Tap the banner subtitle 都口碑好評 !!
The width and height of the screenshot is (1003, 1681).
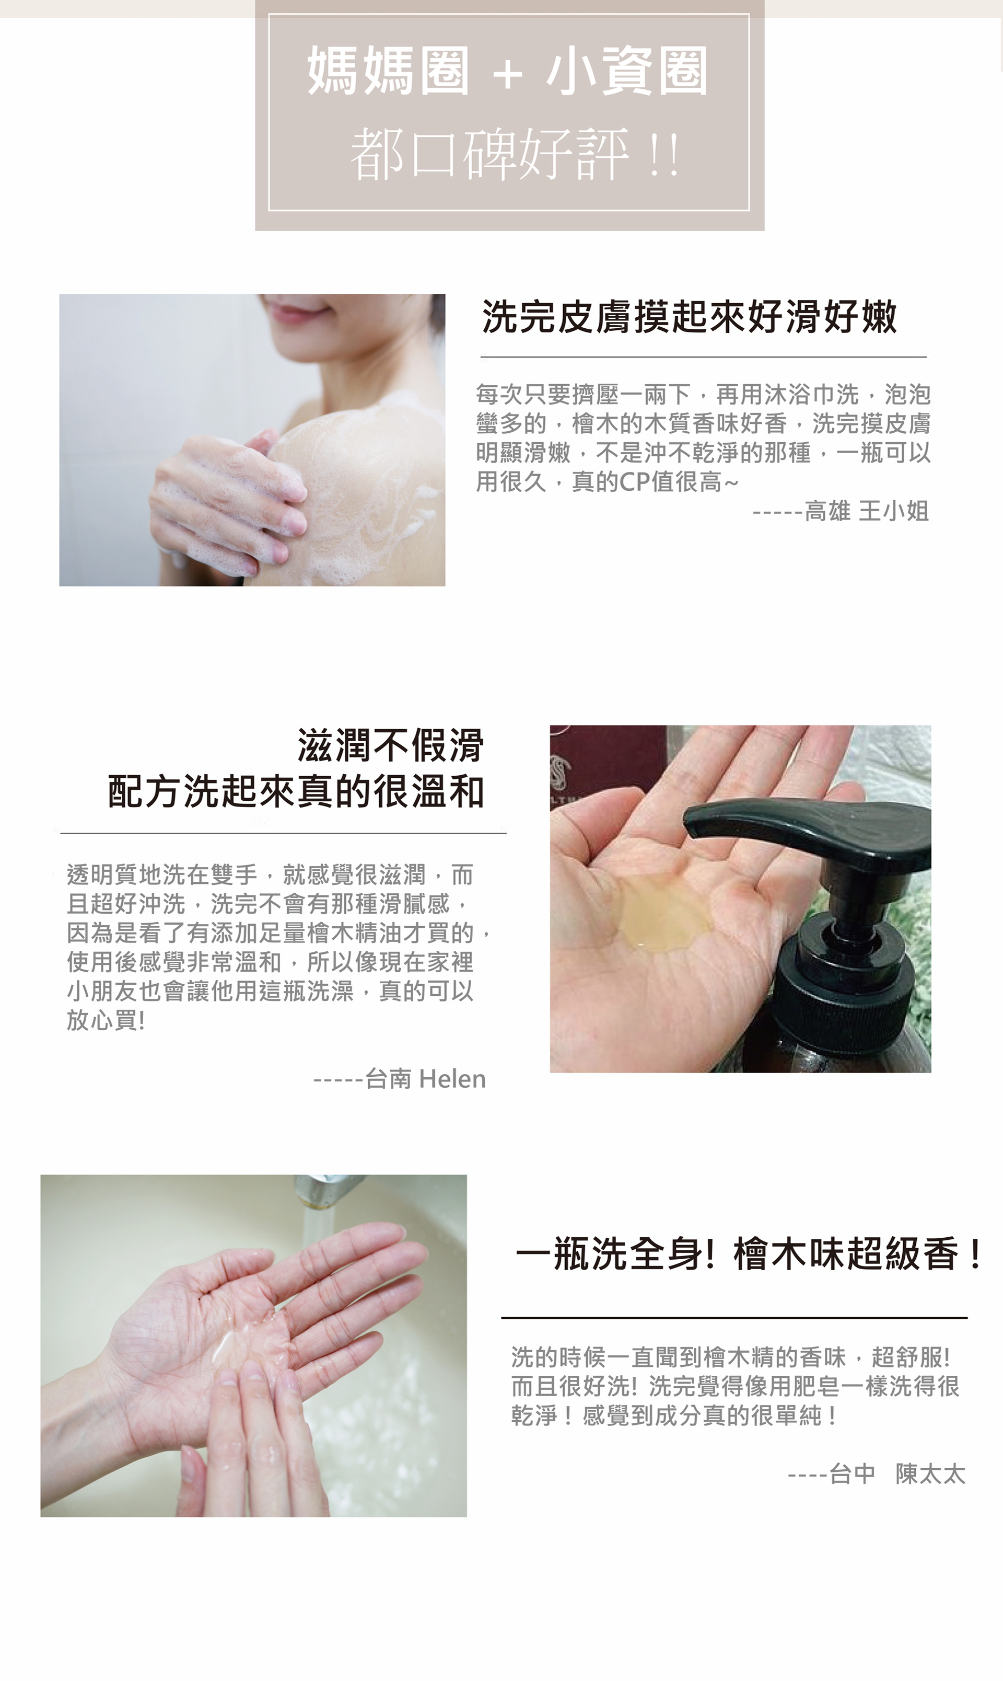[x=515, y=155]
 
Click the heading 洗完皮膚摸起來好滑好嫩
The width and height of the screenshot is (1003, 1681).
[x=690, y=316]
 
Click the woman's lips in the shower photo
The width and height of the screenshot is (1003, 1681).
[x=297, y=315]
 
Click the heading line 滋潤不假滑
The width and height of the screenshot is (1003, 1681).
[x=391, y=745]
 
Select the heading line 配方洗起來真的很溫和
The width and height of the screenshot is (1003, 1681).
[x=296, y=791]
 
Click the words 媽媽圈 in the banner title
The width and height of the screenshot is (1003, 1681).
[x=389, y=72]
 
